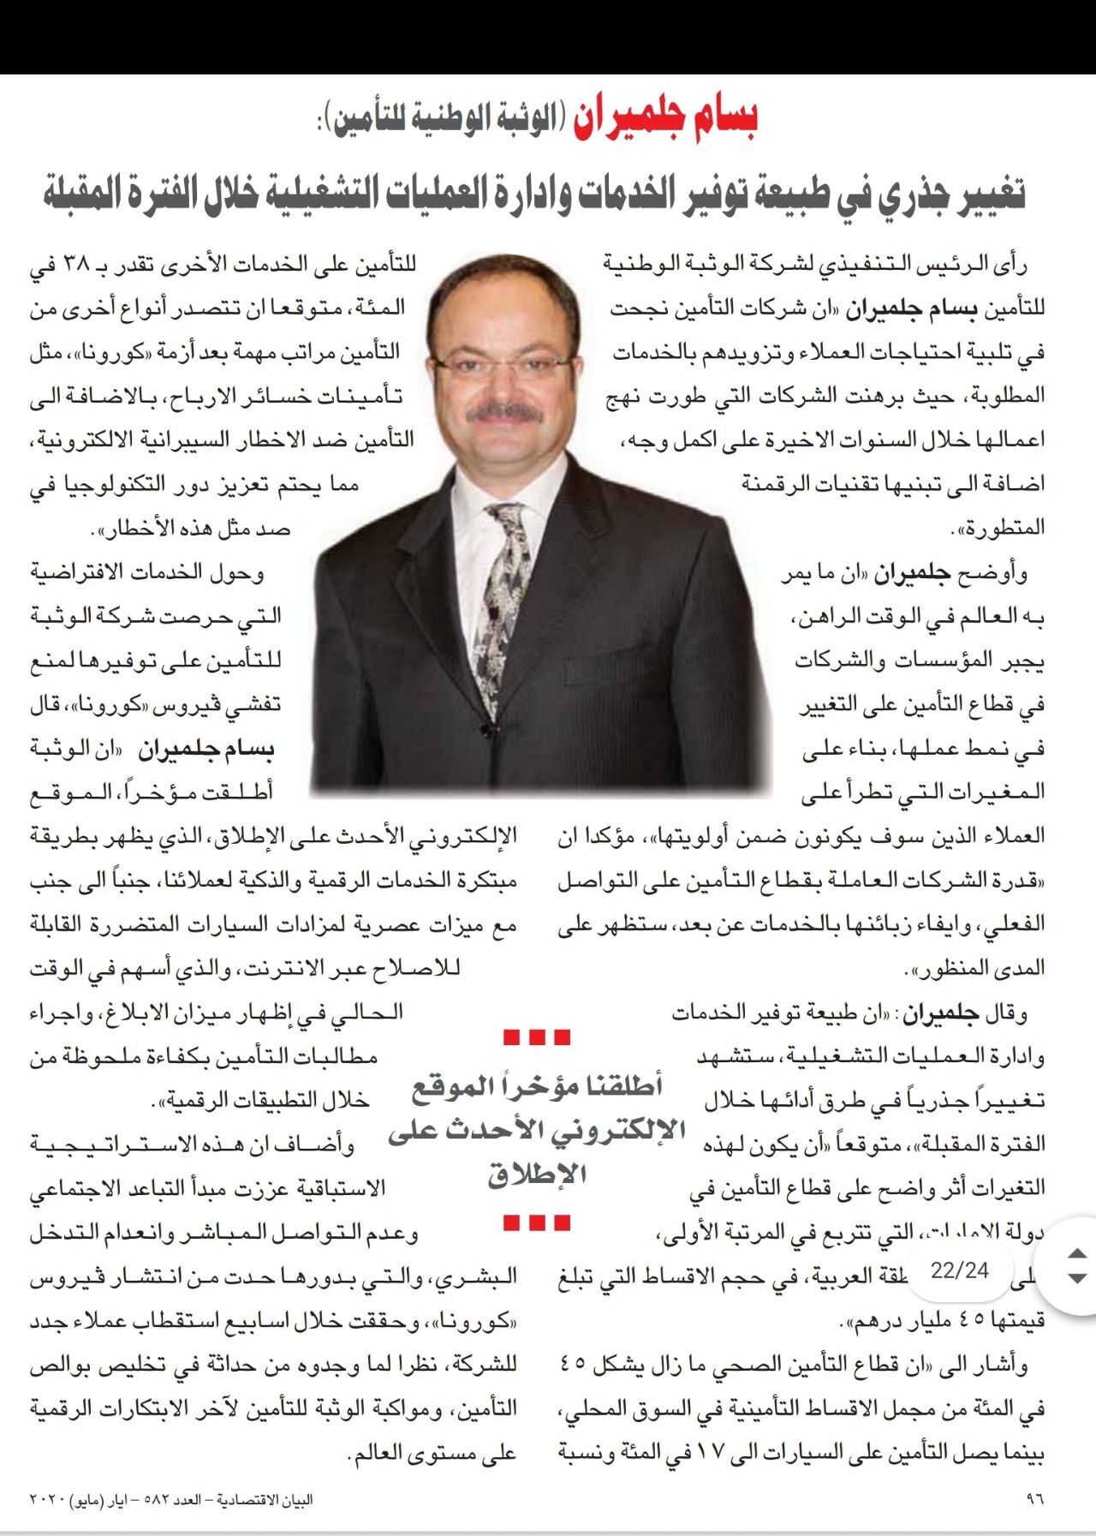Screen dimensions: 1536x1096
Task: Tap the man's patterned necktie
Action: [507, 591]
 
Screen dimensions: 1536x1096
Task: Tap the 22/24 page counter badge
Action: [960, 1270]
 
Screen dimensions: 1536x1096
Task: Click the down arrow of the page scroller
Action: [1077, 1278]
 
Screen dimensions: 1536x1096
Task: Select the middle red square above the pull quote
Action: [537, 1038]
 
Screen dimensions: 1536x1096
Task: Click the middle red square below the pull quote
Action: [537, 1223]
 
